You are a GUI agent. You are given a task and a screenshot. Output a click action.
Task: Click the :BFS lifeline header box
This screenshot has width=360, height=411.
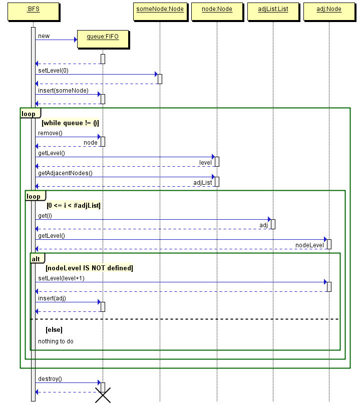click(x=34, y=12)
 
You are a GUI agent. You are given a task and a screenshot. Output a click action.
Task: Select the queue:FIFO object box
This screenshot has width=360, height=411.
click(x=103, y=39)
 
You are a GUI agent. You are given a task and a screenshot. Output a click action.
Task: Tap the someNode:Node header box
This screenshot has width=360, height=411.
click(x=160, y=12)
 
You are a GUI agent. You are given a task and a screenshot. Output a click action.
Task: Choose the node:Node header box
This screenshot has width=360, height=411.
click(x=217, y=12)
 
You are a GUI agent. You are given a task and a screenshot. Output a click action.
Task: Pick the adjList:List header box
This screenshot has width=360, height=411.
click(x=273, y=12)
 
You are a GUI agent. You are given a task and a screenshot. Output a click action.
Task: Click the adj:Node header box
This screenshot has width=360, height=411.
click(x=329, y=12)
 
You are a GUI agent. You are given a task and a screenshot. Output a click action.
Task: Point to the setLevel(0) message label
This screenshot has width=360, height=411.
click(x=53, y=71)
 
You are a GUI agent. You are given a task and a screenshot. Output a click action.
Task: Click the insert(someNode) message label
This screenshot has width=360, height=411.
click(x=63, y=91)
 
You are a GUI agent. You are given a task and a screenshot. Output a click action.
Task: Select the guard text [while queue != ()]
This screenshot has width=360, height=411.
click(x=70, y=123)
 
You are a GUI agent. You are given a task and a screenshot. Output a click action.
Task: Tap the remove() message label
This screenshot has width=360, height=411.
click(x=50, y=133)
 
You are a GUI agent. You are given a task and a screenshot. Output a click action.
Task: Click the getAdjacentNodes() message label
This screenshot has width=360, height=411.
click(x=65, y=173)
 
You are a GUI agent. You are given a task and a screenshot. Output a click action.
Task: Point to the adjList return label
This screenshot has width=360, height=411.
click(x=203, y=183)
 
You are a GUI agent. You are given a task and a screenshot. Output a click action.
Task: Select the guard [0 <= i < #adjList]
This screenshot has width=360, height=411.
click(x=74, y=205)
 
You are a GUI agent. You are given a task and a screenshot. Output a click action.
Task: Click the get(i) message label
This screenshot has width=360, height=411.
click(x=45, y=216)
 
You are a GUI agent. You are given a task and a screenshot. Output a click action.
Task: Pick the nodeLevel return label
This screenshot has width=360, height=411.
click(x=309, y=245)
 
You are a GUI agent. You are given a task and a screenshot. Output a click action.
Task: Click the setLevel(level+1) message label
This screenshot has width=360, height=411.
click(x=62, y=278)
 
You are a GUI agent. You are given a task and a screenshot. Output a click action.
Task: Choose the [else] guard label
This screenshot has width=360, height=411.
click(x=54, y=330)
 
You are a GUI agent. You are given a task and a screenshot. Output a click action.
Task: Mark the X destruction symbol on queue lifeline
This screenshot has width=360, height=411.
click(x=103, y=395)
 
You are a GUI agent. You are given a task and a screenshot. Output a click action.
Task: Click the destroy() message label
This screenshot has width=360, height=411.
click(x=50, y=379)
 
